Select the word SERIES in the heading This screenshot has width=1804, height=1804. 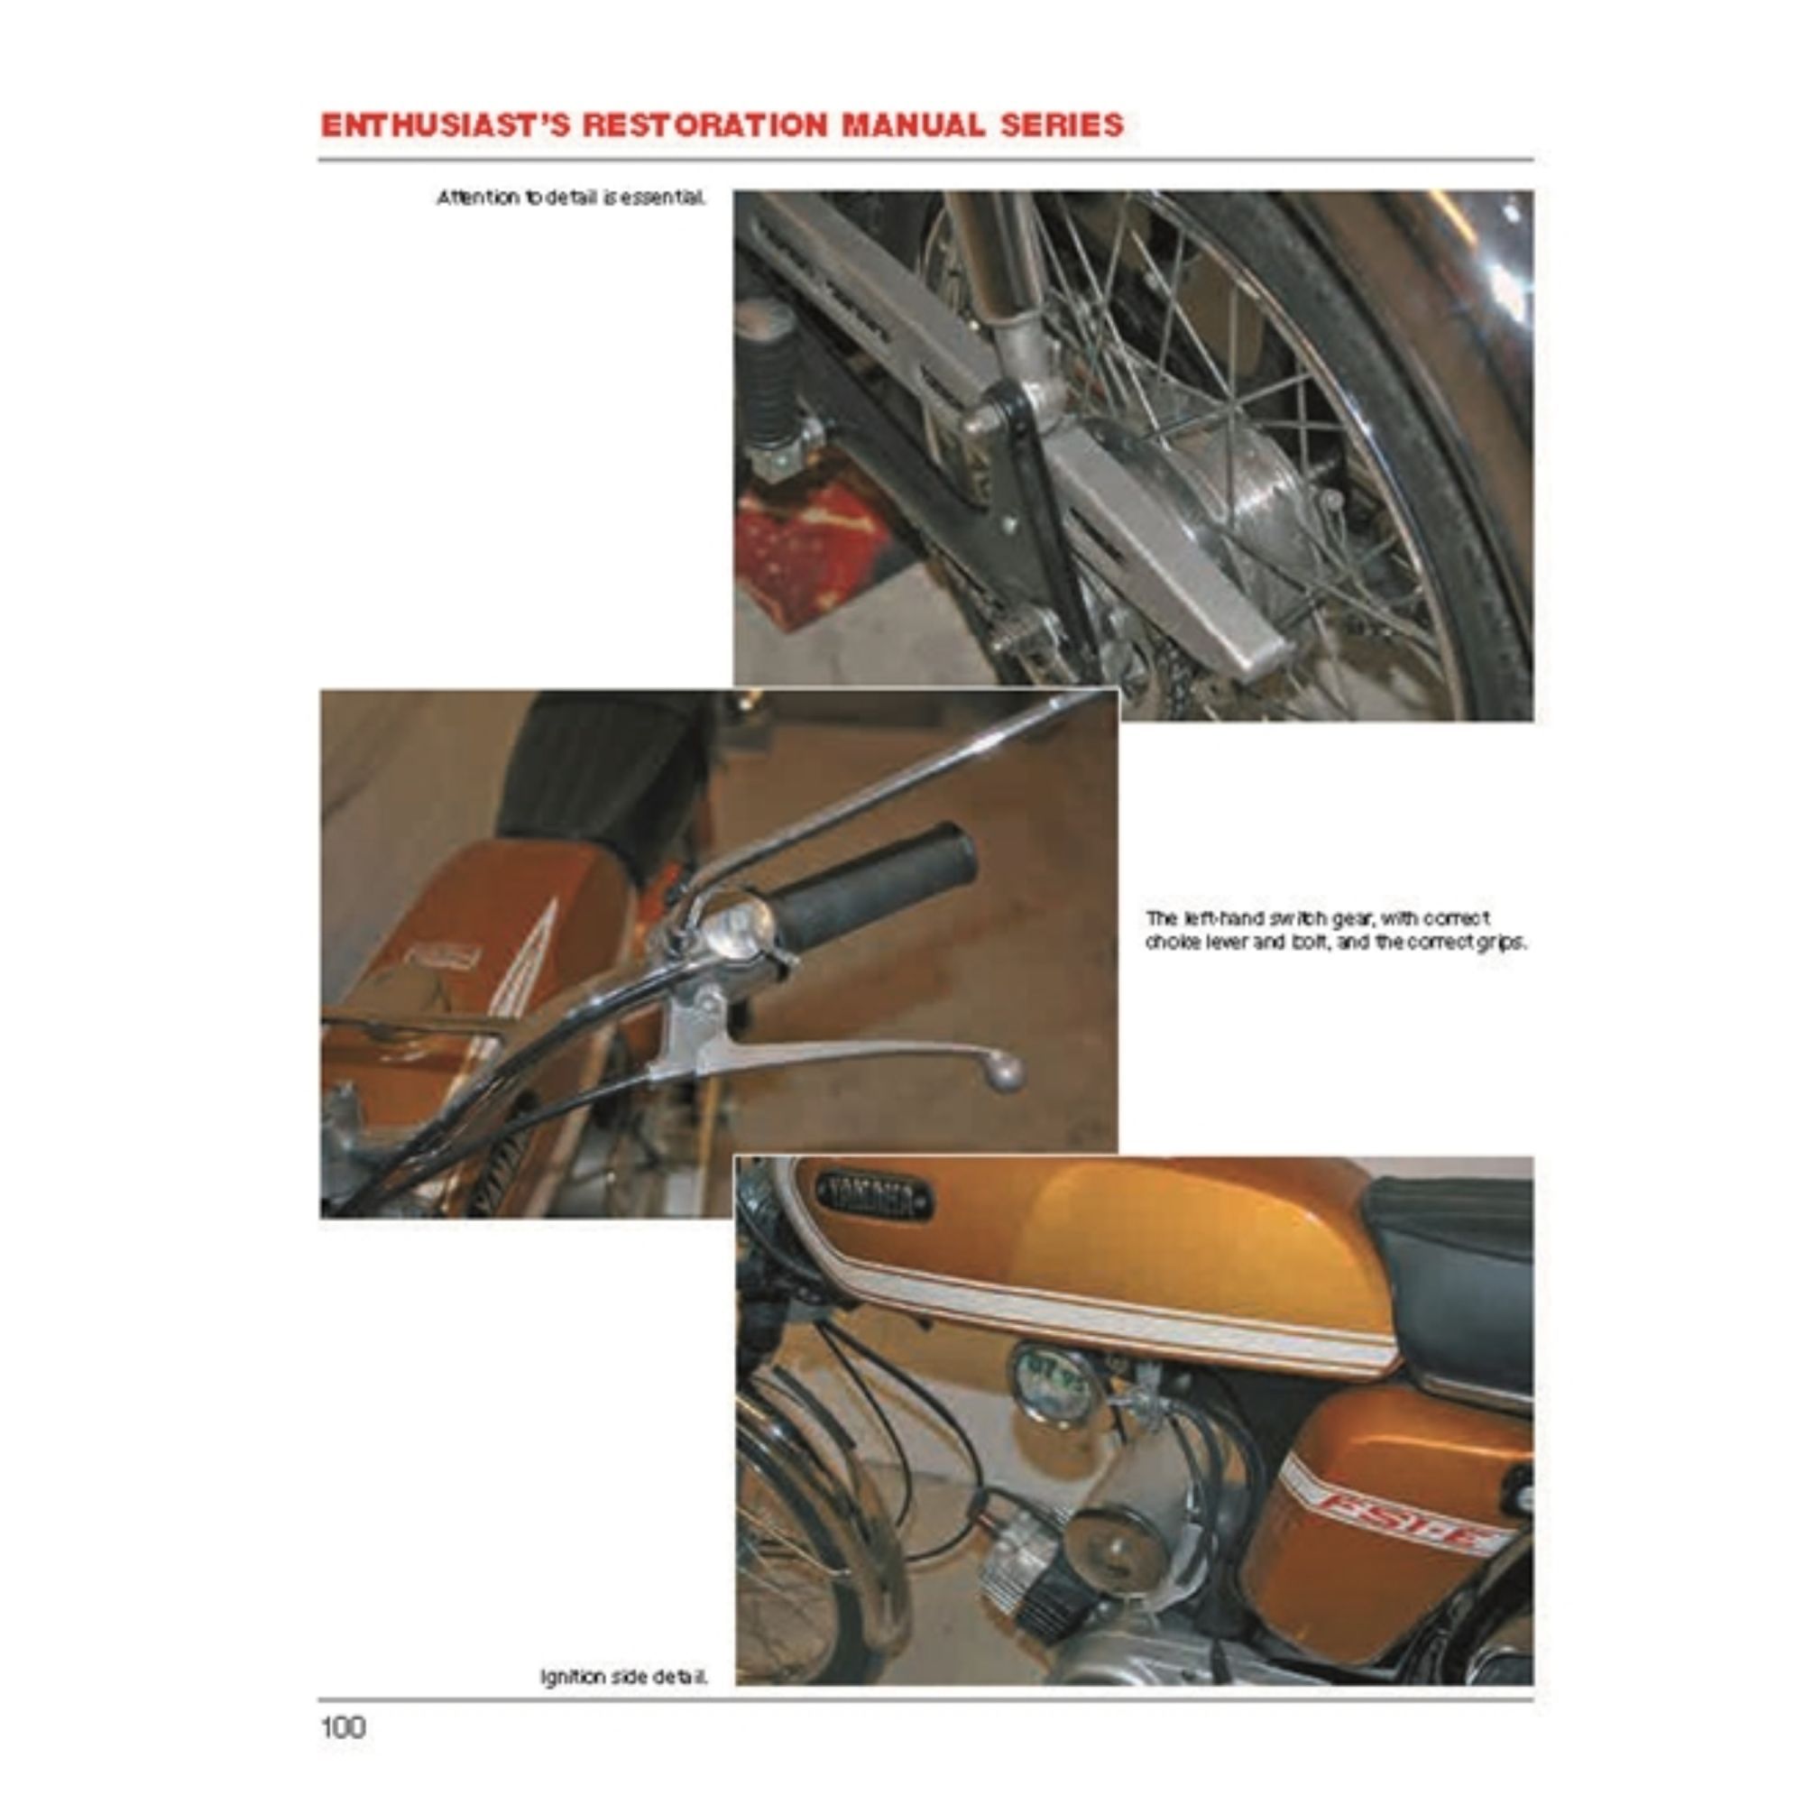(1062, 125)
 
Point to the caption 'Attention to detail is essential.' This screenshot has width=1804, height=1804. (572, 198)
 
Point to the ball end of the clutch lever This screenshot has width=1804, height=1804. (1007, 1072)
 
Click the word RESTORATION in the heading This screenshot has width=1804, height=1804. (705, 125)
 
